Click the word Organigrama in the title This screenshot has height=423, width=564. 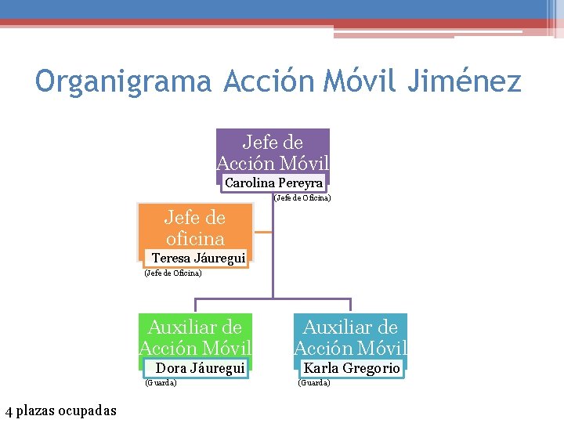124,81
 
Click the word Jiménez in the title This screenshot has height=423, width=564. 464,81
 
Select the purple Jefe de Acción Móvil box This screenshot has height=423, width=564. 273,151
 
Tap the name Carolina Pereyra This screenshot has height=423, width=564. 273,183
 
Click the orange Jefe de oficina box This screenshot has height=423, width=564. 195,227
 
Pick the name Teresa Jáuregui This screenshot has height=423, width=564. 198,258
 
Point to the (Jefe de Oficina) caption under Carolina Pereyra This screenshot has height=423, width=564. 302,198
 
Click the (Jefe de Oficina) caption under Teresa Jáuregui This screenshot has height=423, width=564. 173,273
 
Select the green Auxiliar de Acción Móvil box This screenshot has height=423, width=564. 195,337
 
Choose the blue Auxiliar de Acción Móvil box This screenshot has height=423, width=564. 351,337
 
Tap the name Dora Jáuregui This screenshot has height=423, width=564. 201,367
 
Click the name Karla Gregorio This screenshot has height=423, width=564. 352,367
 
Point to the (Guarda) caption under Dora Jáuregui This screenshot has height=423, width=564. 161,382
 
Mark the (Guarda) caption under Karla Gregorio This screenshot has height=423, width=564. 314,382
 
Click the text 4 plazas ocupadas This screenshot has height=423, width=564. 60,410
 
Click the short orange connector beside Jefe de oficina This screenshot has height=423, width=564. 263,232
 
